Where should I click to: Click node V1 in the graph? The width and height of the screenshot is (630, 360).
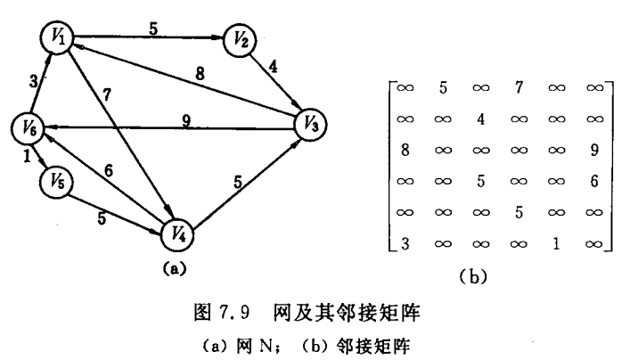tap(56, 37)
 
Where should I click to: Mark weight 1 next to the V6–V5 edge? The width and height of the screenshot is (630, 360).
tap(28, 159)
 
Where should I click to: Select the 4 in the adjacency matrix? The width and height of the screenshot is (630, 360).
tap(480, 119)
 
